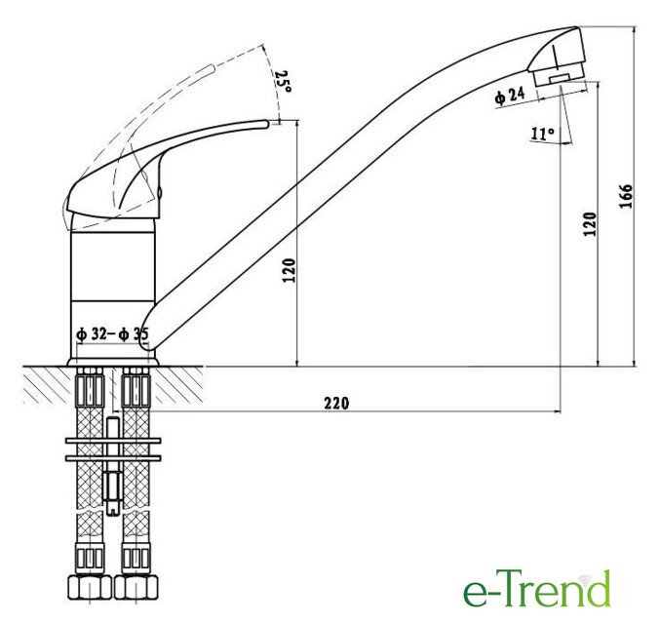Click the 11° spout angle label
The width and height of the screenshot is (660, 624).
543,134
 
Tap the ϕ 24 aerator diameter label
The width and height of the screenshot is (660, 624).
510,97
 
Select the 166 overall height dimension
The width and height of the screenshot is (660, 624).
626,196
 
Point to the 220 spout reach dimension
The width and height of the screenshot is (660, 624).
336,403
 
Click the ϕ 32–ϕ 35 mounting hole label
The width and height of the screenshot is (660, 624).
112,334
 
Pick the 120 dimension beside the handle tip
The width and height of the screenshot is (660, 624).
290,270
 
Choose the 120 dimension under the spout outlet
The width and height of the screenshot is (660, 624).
590,223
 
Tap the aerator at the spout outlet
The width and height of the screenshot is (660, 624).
559,76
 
